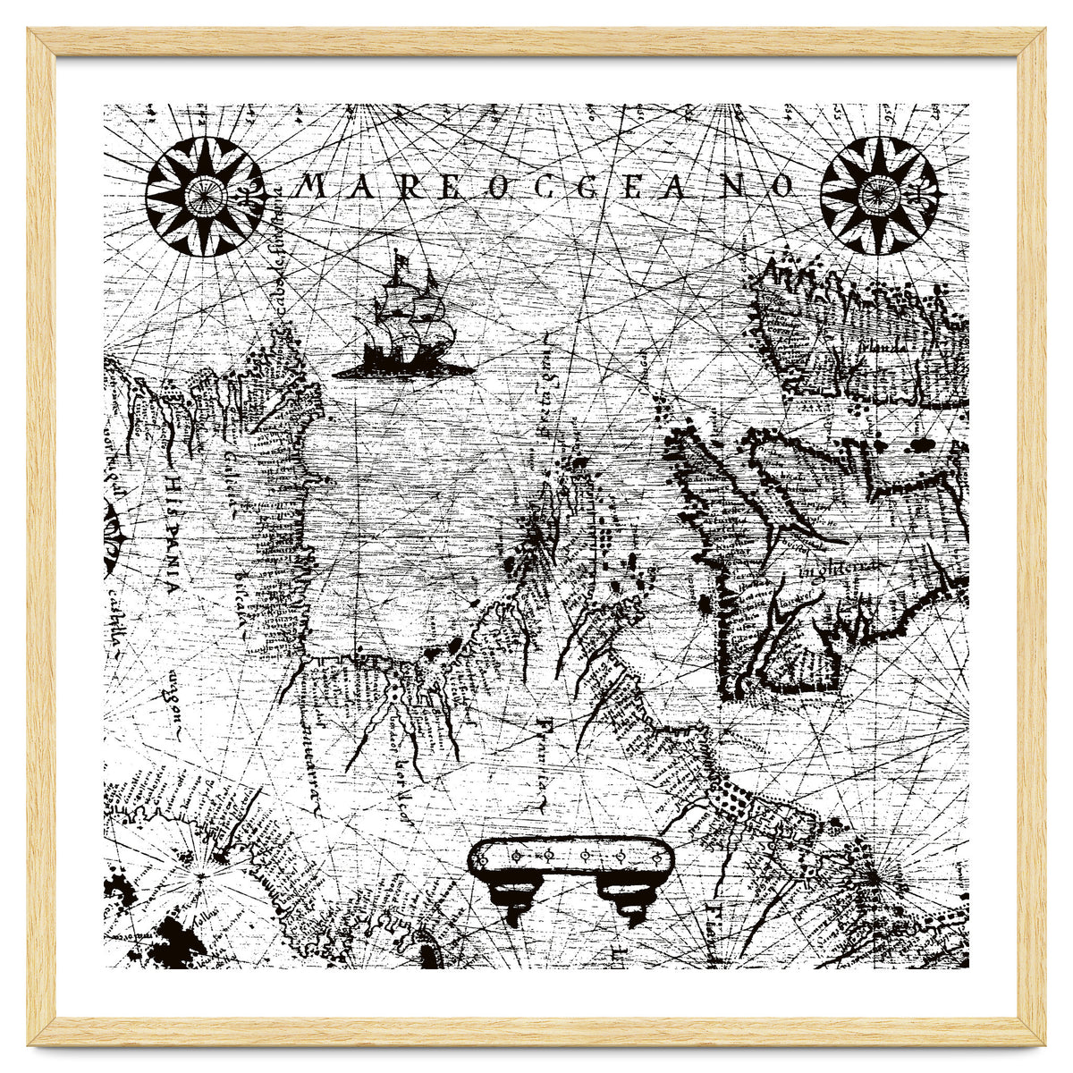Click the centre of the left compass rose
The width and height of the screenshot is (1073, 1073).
205,194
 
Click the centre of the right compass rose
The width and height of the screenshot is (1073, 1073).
880,194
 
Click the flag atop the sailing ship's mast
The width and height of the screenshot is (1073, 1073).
400,260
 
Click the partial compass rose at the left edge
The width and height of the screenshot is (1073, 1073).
114,536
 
